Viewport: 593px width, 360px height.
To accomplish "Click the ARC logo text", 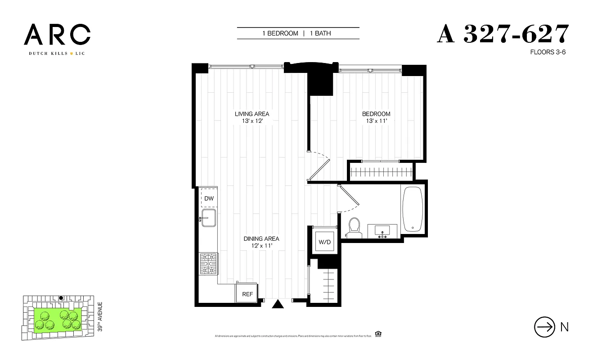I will point(57,35).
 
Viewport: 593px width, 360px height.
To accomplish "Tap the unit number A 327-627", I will point(503,34).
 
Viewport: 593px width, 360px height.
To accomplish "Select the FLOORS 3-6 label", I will point(548,52).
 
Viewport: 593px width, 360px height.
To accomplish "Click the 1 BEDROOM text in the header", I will point(280,33).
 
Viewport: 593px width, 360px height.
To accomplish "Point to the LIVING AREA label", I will point(252,114).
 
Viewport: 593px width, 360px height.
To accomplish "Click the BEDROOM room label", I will point(376,114).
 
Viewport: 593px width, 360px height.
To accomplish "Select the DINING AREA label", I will point(261,238).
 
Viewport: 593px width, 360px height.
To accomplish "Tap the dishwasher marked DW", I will point(209,198).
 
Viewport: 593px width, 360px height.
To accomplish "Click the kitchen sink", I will point(209,219).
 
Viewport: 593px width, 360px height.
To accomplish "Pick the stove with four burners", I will point(209,263).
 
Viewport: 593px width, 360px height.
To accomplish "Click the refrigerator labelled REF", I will point(247,294).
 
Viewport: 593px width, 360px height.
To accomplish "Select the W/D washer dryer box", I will point(325,243).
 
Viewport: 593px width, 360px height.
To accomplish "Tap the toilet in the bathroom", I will point(355,227).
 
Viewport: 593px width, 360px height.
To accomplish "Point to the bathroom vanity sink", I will point(383,231).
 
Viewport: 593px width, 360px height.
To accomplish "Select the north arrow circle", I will point(544,327).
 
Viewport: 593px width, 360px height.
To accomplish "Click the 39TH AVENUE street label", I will point(100,317).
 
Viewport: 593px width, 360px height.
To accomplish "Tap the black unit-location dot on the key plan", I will point(61,298).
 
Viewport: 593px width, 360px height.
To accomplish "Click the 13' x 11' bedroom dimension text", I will point(376,121).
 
